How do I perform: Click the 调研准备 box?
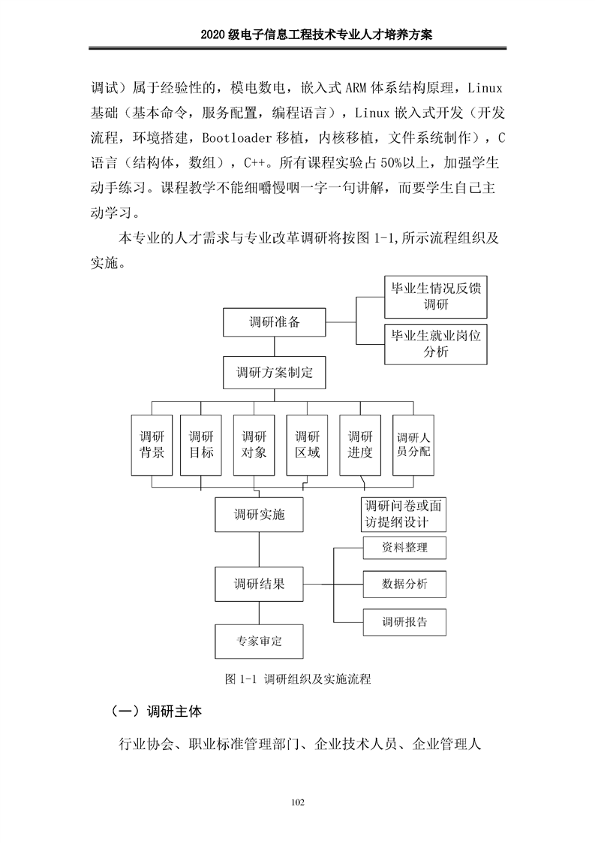point(275,322)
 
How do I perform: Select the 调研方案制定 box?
point(275,373)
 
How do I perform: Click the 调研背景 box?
point(152,445)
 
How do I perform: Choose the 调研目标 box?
point(201,445)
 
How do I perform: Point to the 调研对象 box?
point(254,445)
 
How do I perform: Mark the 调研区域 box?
point(307,445)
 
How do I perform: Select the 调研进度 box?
point(360,445)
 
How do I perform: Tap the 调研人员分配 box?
point(413,445)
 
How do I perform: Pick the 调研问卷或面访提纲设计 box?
point(403,514)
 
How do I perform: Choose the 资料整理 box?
point(404,548)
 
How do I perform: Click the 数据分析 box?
point(404,584)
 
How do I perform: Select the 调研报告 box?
point(404,621)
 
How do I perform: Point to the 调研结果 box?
point(260,584)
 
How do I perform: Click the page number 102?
point(297,803)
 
